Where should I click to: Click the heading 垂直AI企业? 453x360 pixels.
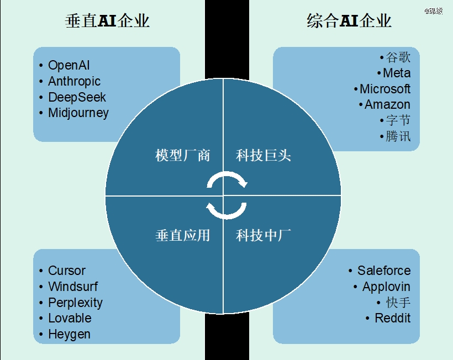click(x=107, y=21)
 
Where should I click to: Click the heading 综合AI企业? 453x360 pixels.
click(x=349, y=21)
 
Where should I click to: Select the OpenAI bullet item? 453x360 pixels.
click(x=69, y=66)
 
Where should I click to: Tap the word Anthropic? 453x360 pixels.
click(x=74, y=81)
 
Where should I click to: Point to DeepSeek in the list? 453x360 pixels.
click(x=77, y=97)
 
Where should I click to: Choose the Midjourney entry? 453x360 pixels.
click(x=78, y=113)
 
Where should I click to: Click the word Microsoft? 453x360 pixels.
click(x=385, y=89)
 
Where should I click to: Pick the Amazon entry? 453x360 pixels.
click(x=387, y=104)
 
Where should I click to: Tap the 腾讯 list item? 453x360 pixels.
click(x=398, y=136)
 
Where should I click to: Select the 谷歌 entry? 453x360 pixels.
click(x=398, y=57)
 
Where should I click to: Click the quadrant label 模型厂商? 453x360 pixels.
click(x=183, y=155)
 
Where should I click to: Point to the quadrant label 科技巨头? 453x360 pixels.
click(x=263, y=155)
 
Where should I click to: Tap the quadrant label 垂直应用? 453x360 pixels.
click(x=183, y=235)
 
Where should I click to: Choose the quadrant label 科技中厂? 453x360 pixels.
click(x=263, y=235)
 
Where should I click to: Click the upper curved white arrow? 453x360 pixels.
click(x=227, y=173)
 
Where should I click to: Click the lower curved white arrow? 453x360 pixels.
click(x=227, y=216)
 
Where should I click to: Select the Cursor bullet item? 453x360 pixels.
click(x=67, y=271)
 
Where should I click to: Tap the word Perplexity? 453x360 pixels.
click(x=75, y=303)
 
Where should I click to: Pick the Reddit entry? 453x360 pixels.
click(x=393, y=318)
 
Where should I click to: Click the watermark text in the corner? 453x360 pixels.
click(x=434, y=11)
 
